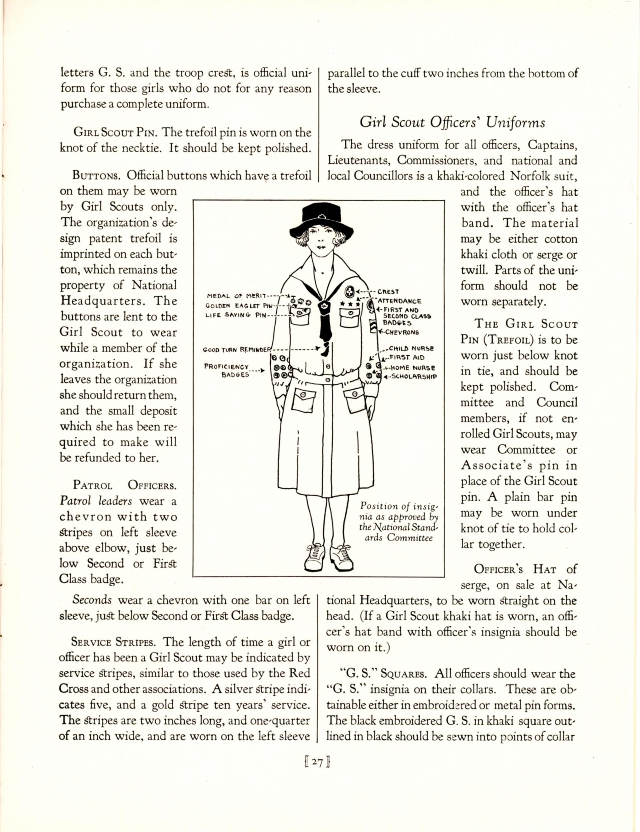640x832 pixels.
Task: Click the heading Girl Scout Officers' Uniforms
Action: [x=453, y=123]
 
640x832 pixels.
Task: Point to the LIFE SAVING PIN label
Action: [x=235, y=315]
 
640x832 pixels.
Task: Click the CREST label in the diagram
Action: [x=388, y=292]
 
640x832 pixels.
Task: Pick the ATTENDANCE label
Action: [x=399, y=301]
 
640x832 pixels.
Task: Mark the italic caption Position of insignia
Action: [x=399, y=522]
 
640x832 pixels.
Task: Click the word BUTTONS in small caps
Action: [x=96, y=176]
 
